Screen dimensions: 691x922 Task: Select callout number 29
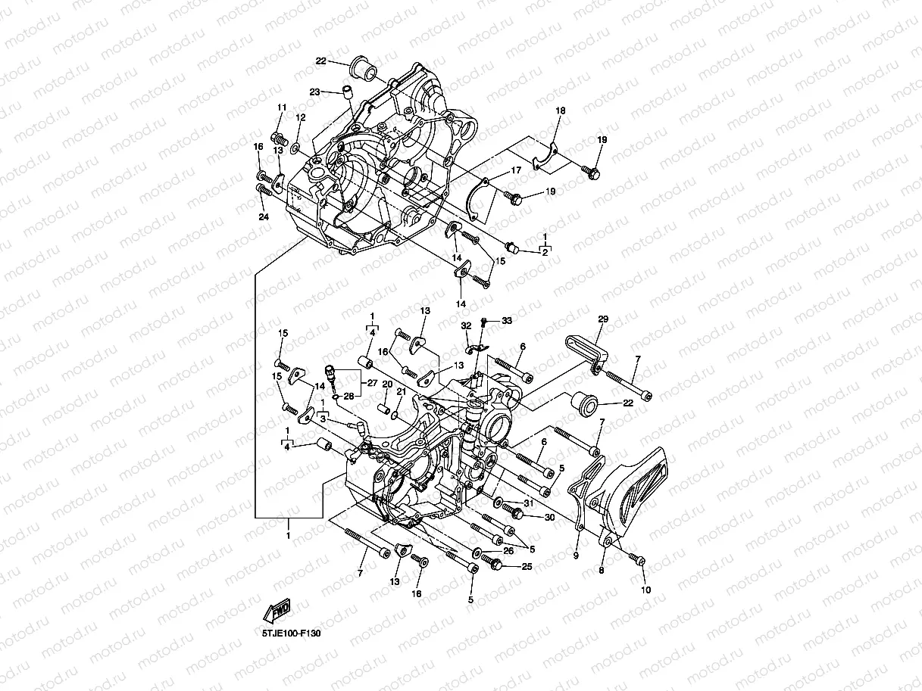coord(603,319)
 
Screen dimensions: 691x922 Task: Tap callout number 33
coord(506,321)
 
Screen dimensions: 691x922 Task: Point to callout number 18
coord(561,111)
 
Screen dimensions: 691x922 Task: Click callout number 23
coord(315,92)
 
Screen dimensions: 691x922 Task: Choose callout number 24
coord(263,217)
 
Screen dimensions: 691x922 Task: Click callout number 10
coord(645,590)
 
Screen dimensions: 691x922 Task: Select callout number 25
coord(527,566)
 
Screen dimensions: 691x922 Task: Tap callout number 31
coord(528,503)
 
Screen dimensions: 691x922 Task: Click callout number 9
coord(575,556)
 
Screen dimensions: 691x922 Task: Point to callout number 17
coord(515,171)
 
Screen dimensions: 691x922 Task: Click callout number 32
coord(467,325)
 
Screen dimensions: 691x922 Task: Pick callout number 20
coord(386,384)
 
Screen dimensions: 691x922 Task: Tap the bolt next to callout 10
coord(636,560)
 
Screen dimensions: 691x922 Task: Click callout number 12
coord(301,118)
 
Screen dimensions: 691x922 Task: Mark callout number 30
coord(549,517)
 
